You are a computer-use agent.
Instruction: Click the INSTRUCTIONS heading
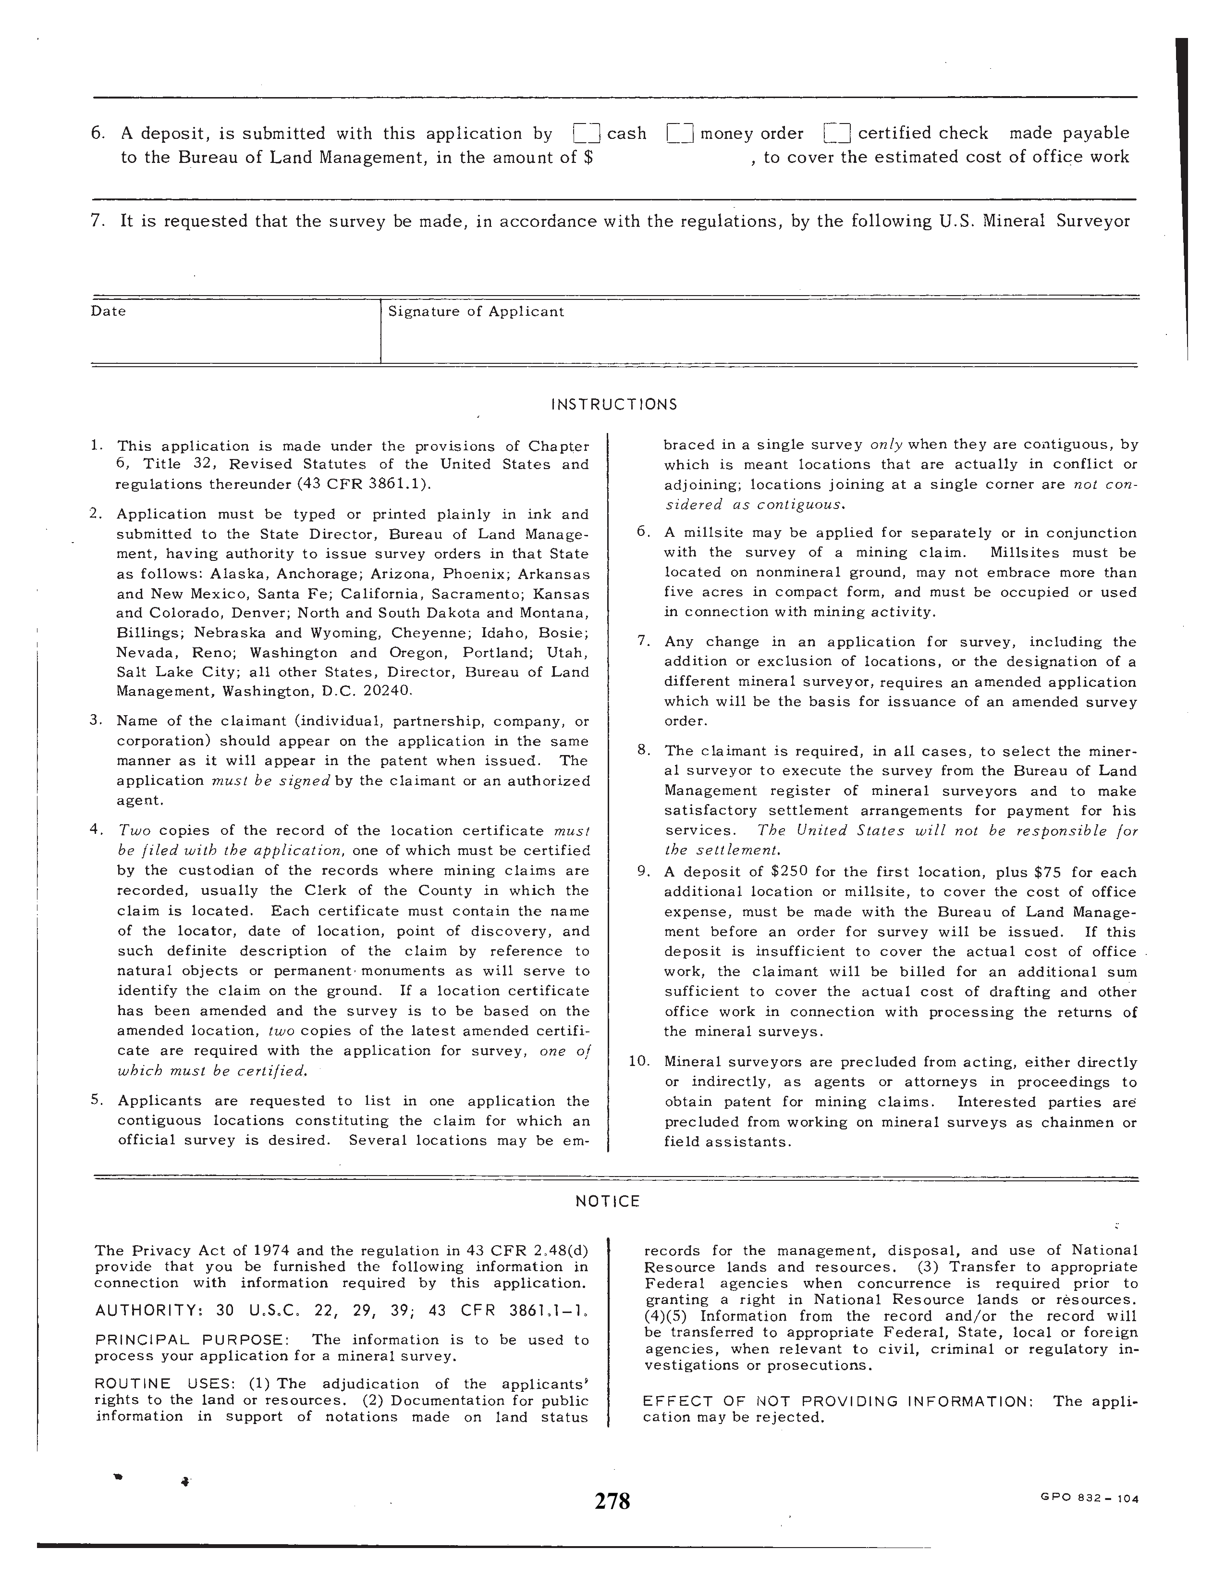pos(614,405)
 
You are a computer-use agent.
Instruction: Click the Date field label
pos(108,311)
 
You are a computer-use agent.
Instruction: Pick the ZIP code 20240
pos(387,691)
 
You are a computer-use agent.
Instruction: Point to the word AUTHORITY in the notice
pos(147,1311)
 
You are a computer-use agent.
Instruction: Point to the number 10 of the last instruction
pos(638,1062)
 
